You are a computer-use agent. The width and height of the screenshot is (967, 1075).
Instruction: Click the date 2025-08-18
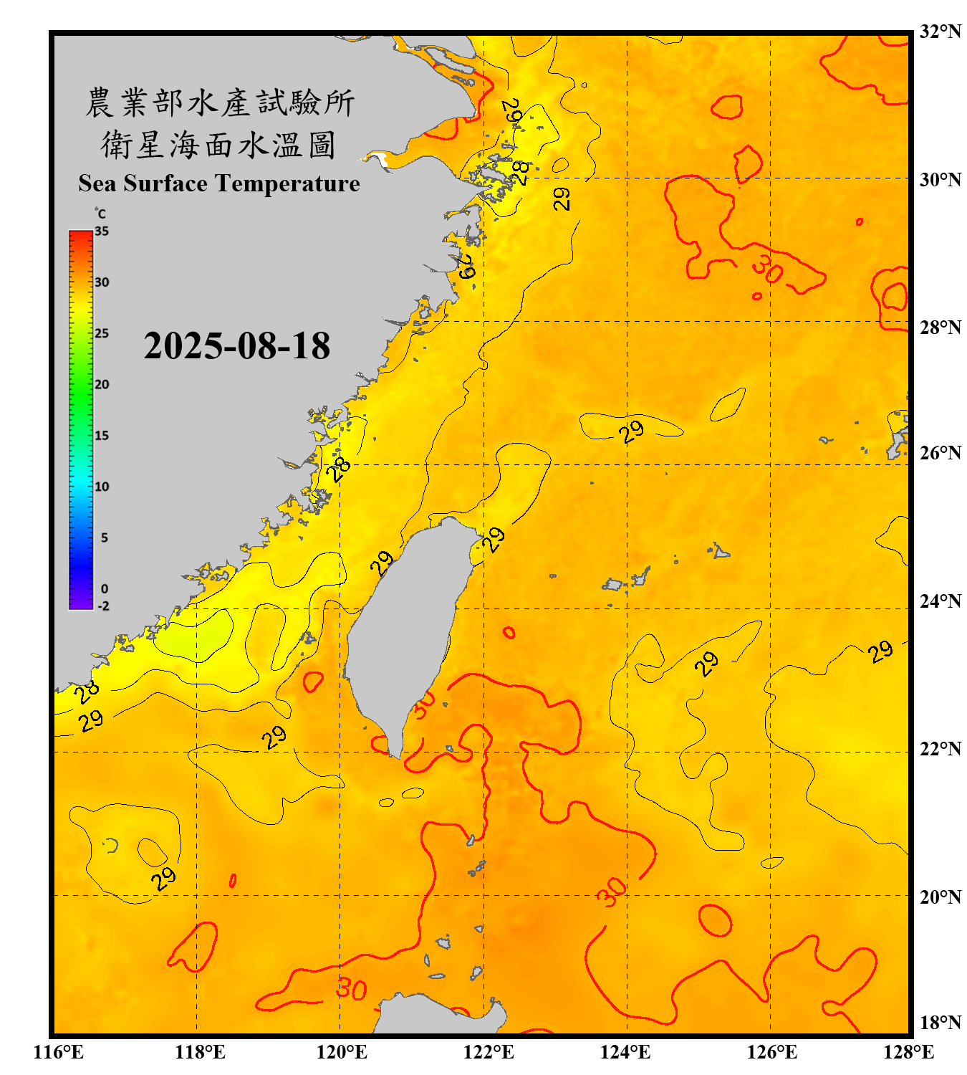[236, 346]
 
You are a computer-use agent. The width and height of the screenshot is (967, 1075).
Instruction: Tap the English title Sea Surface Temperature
[219, 183]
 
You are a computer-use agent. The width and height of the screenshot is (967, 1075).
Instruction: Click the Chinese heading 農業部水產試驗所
[220, 102]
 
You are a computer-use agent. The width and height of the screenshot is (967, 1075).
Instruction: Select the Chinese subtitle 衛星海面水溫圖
[218, 145]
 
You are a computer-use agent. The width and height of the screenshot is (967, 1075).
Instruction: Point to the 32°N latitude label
[940, 32]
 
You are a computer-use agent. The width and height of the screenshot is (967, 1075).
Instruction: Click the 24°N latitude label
[940, 601]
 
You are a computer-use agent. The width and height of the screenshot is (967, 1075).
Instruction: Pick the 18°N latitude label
[940, 1022]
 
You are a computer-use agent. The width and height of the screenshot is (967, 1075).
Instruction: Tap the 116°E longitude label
[59, 1052]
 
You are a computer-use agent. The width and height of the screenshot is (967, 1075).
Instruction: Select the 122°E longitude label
[489, 1052]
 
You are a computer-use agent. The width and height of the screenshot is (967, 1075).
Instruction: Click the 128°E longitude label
[908, 1052]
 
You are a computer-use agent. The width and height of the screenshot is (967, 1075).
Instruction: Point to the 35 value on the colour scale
[102, 231]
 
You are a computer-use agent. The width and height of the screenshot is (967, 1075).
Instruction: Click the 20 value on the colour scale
[102, 384]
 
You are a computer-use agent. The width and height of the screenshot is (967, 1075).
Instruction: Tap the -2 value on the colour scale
[103, 606]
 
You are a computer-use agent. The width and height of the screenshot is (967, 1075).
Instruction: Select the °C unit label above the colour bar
[100, 214]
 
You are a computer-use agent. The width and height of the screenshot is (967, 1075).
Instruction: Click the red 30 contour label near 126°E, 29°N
[767, 269]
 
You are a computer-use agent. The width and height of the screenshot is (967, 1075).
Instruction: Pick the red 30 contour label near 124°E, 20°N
[612, 892]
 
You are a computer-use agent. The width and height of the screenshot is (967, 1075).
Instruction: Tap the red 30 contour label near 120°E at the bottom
[352, 989]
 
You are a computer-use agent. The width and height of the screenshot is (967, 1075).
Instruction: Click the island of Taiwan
[405, 623]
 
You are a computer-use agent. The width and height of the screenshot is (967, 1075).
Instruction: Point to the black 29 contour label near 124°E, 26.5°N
[632, 431]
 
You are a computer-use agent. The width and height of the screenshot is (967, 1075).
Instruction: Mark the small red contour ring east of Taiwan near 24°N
[509, 632]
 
